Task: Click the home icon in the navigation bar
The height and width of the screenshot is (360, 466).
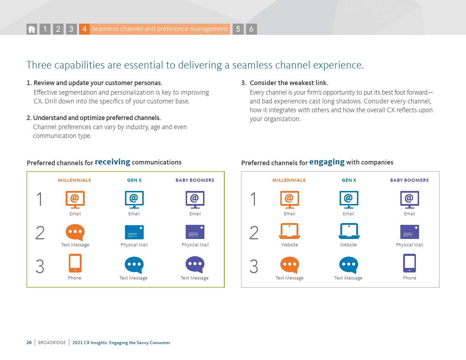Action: pyautogui.click(x=32, y=29)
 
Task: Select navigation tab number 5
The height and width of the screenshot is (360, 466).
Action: pyautogui.click(x=238, y=29)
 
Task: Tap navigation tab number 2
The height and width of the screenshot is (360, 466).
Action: pyautogui.click(x=58, y=29)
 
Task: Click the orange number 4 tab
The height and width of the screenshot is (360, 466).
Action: pyautogui.click(x=84, y=29)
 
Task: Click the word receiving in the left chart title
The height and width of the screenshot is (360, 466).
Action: pyautogui.click(x=112, y=162)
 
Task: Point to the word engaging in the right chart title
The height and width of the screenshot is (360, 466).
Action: pyautogui.click(x=327, y=162)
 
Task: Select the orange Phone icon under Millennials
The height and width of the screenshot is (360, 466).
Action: pyautogui.click(x=75, y=263)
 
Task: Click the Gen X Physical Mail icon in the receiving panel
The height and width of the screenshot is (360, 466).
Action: pyautogui.click(x=134, y=232)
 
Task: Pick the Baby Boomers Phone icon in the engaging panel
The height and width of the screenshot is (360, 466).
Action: pyautogui.click(x=410, y=263)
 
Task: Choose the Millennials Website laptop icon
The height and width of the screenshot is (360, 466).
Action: pyautogui.click(x=289, y=231)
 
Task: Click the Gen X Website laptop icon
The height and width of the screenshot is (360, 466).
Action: pyautogui.click(x=349, y=231)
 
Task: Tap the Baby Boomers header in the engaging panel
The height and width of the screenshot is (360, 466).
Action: pyautogui.click(x=410, y=180)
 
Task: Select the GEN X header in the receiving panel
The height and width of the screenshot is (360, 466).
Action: pyautogui.click(x=135, y=180)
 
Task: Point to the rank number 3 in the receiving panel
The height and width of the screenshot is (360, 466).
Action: pyautogui.click(x=40, y=266)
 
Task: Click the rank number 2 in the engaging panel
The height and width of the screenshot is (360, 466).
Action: pyautogui.click(x=254, y=233)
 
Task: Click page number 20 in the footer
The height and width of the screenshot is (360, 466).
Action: pyautogui.click(x=29, y=343)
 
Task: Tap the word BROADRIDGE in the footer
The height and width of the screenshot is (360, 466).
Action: pyautogui.click(x=52, y=343)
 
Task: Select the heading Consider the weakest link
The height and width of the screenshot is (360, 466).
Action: pyautogui.click(x=289, y=83)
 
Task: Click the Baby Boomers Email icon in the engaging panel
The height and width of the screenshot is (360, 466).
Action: pyautogui.click(x=410, y=200)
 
